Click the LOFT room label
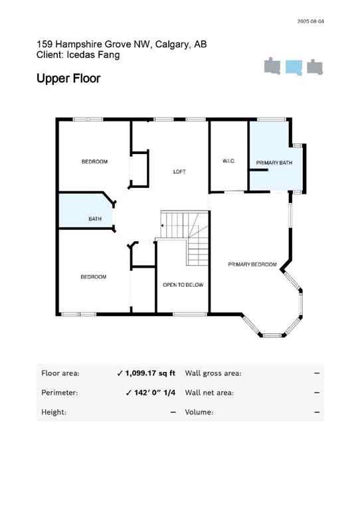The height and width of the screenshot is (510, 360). (179, 171)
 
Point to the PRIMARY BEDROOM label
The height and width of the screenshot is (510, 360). (252, 264)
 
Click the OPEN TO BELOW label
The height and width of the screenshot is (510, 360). (183, 285)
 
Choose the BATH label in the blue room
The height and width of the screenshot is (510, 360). (95, 218)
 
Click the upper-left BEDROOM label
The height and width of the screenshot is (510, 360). (94, 161)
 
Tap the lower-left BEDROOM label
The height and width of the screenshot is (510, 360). (93, 277)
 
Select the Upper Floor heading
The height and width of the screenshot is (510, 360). (68, 78)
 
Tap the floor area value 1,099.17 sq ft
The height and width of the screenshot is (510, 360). (150, 373)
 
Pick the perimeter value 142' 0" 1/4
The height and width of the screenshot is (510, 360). (150, 392)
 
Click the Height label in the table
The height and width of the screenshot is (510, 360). (54, 412)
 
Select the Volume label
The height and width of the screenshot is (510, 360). (199, 412)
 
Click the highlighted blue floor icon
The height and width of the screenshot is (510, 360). (294, 67)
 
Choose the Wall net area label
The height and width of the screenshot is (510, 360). (209, 392)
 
